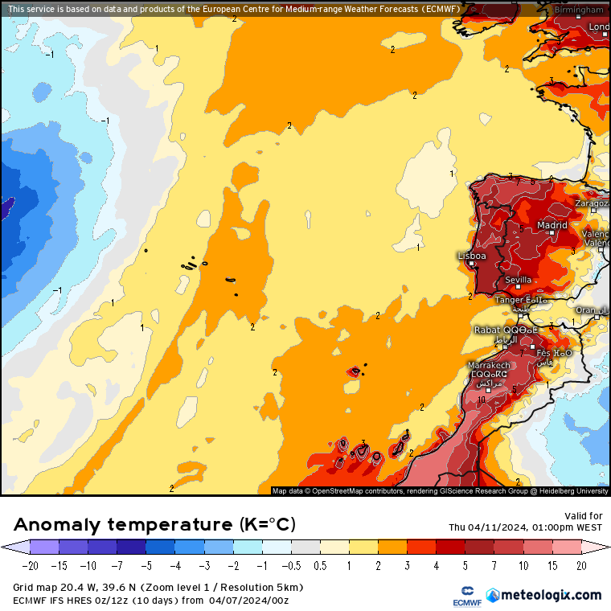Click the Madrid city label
coord(552,226)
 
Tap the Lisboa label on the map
coord(471,256)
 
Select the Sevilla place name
coord(518,280)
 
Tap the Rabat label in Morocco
coord(486,330)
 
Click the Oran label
coord(587,310)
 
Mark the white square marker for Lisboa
coord(472,264)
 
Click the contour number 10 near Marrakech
coord(481,400)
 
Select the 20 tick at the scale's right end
coord(580,566)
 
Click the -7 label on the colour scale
coord(117,566)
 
